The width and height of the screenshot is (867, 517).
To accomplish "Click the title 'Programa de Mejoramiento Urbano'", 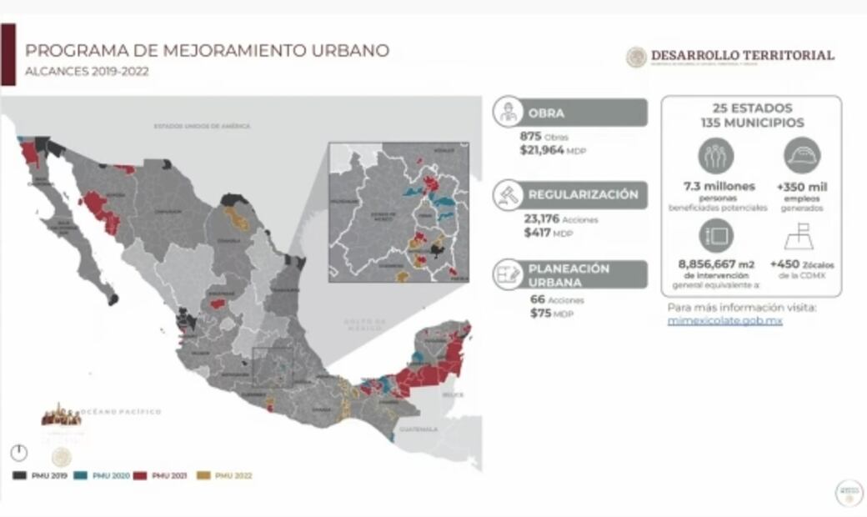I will (x=207, y=51).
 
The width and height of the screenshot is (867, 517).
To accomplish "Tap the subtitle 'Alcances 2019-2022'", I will (x=87, y=72).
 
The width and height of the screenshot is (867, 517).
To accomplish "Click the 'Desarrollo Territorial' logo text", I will (x=742, y=55).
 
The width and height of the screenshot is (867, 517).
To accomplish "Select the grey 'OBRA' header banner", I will (x=584, y=113).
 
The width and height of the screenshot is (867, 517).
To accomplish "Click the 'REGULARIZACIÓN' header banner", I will (x=584, y=195).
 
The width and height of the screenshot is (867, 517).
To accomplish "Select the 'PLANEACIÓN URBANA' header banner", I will (x=584, y=274).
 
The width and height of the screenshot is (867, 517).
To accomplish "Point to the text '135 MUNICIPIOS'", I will (x=752, y=123).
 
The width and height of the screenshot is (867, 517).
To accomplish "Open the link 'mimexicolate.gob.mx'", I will (x=724, y=320).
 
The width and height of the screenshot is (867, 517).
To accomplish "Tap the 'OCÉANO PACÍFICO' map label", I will (x=122, y=412).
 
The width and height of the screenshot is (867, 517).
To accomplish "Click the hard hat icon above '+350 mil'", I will (x=802, y=155).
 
